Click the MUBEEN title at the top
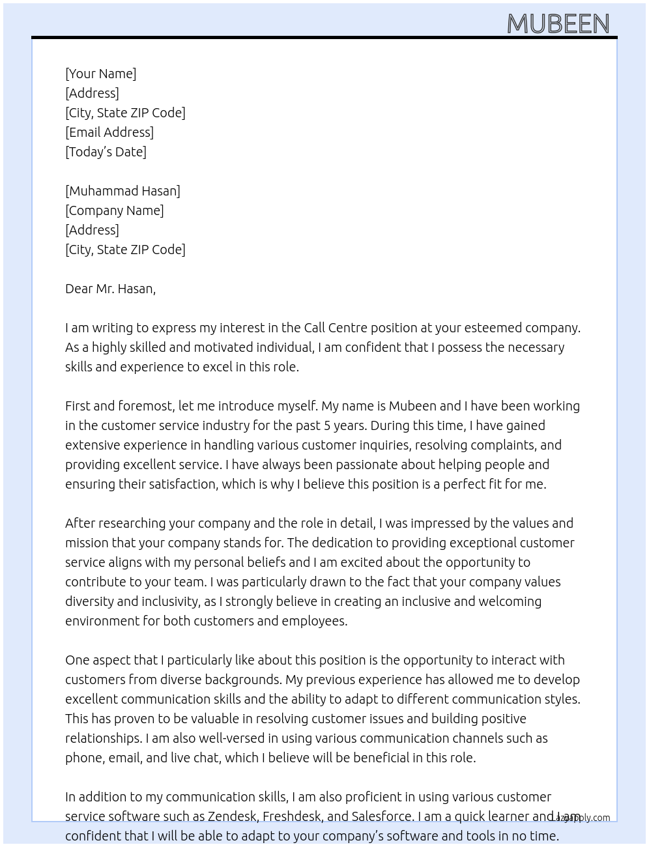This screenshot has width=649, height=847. tap(558, 23)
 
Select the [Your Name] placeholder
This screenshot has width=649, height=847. tap(100, 74)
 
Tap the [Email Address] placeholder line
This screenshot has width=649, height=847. tap(109, 132)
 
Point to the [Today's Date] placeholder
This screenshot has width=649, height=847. tap(106, 152)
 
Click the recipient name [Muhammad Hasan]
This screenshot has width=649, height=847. tap(123, 191)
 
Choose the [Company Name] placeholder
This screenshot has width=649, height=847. tap(114, 210)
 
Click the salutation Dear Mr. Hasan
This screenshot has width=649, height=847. tap(110, 289)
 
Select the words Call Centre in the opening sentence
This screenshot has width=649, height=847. tap(336, 328)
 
